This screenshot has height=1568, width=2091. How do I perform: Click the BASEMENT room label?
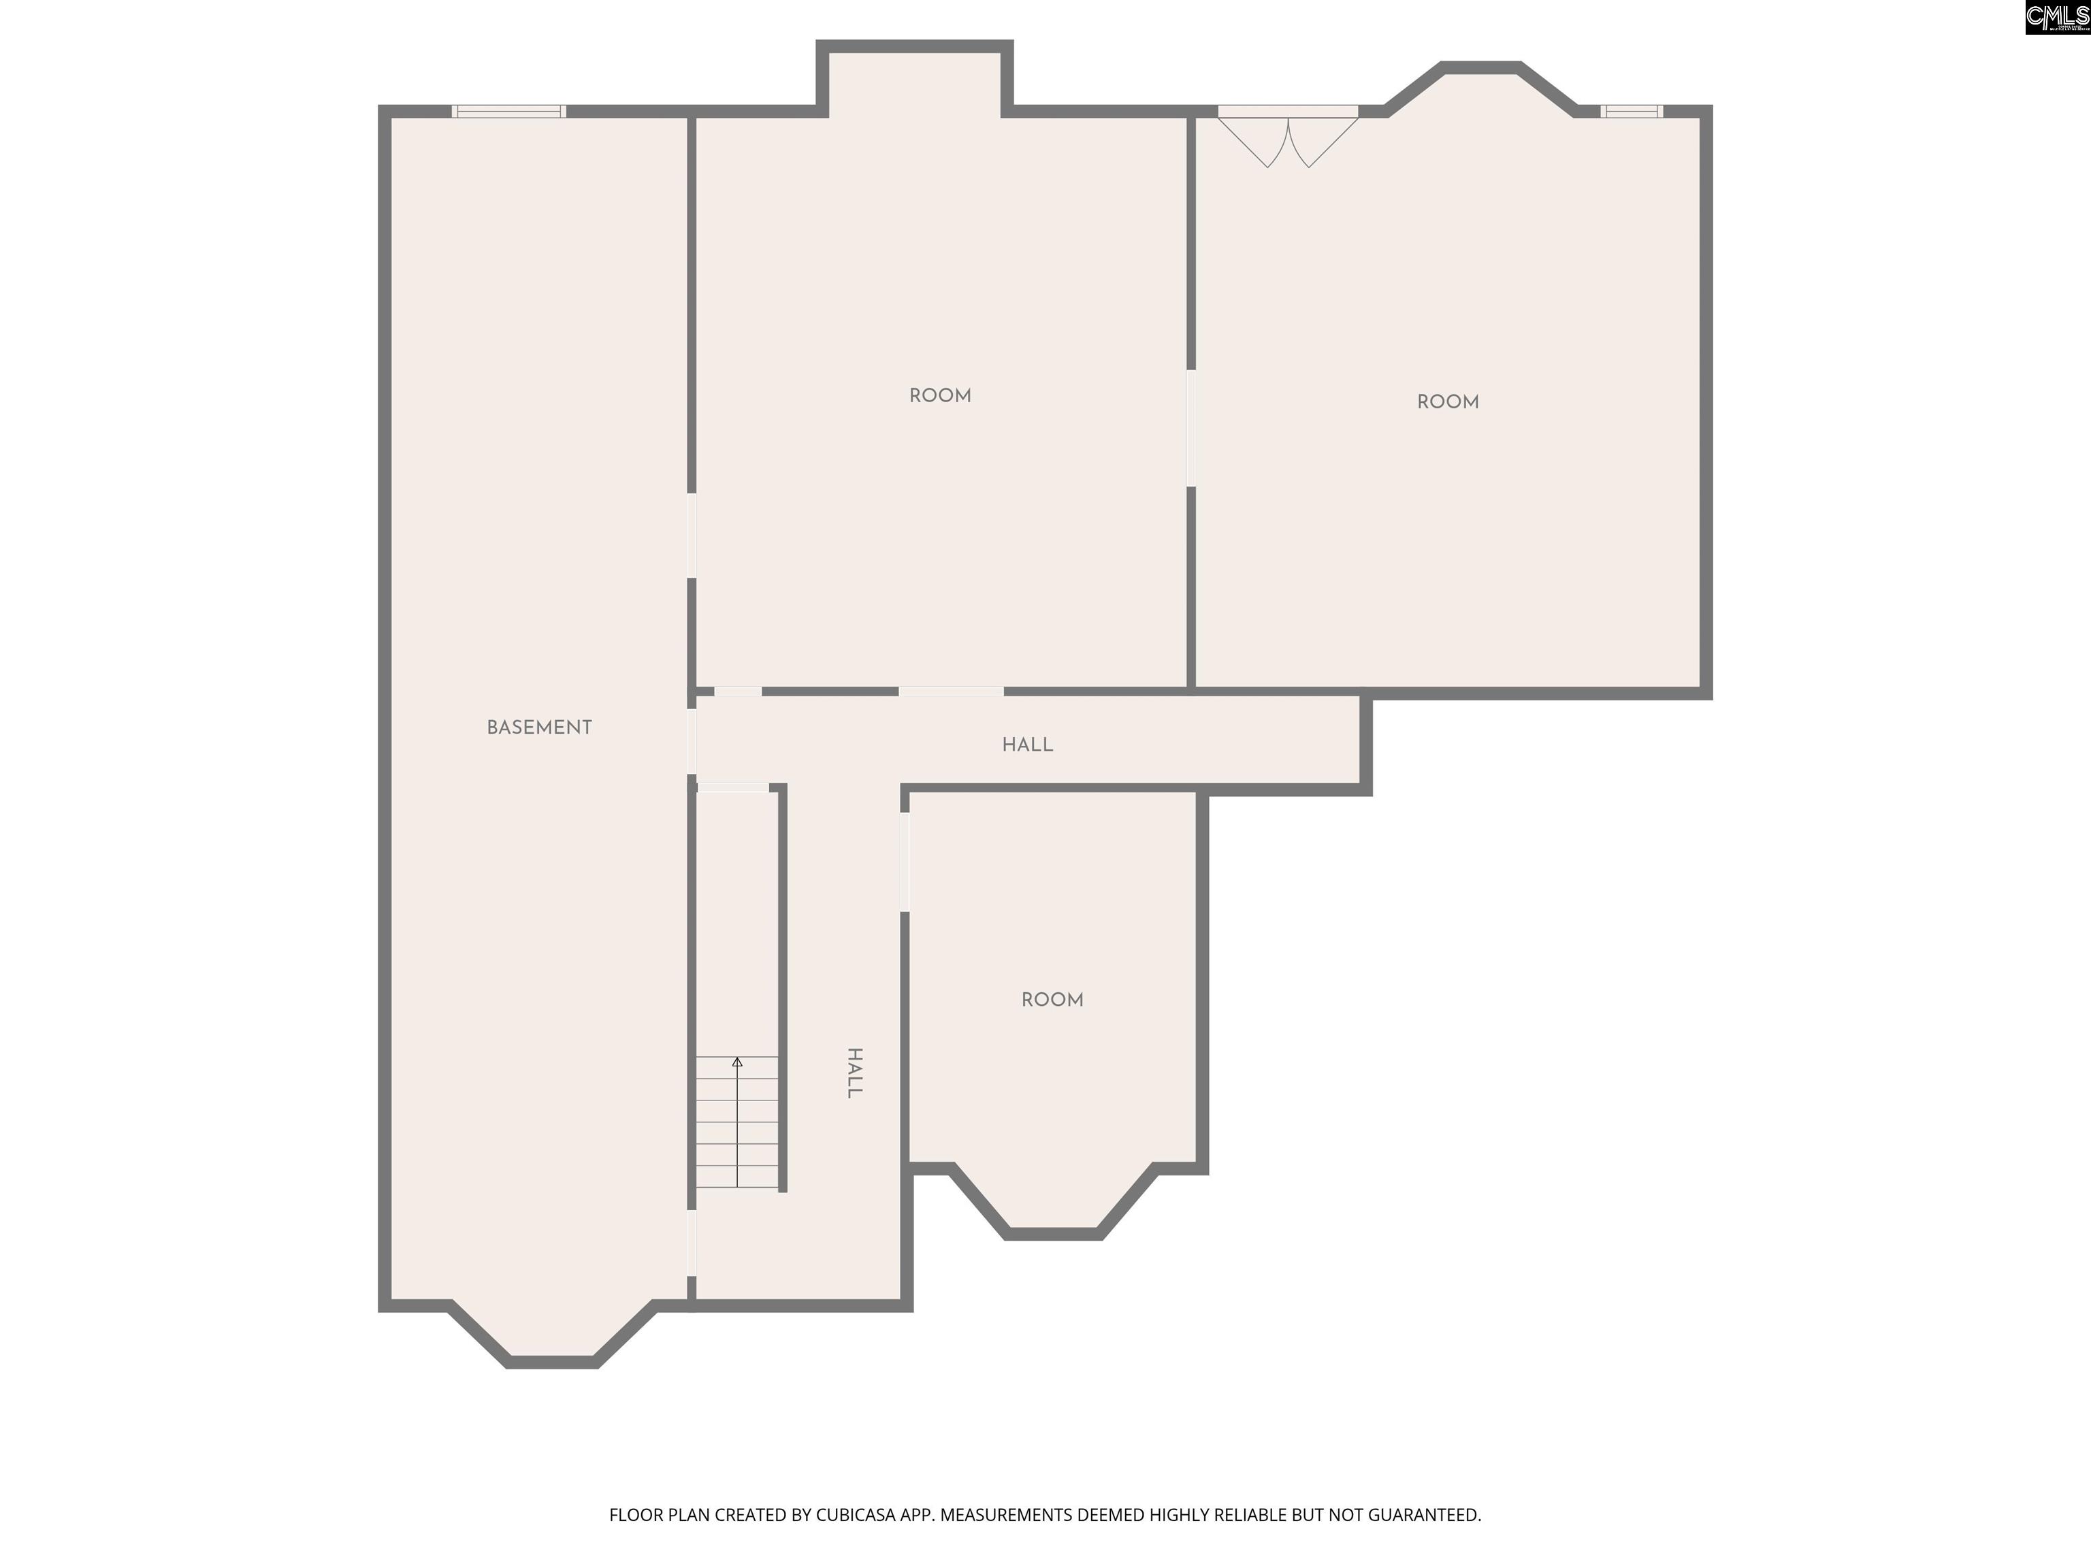coord(539,728)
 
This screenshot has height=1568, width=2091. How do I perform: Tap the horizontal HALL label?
coord(1028,745)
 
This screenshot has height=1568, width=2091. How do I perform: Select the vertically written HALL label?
coord(854,1073)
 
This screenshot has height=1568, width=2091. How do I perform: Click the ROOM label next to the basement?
coord(939,396)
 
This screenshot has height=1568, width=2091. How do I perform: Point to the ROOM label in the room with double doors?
coord(1447,402)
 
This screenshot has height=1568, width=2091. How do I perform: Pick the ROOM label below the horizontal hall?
coord(1052,1000)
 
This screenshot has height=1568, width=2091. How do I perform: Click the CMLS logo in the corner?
coord(2057,17)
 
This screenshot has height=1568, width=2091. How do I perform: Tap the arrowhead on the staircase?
coord(737,1062)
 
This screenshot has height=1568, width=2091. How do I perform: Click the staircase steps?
coord(737,1122)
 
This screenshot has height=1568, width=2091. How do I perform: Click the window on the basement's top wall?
coord(508,112)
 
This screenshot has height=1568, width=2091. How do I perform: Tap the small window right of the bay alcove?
coord(1632,112)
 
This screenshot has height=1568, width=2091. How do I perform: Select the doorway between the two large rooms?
coord(1191,428)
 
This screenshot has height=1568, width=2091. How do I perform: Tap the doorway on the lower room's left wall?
coord(905,862)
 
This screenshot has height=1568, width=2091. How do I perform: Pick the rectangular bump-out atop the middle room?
coord(915,78)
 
